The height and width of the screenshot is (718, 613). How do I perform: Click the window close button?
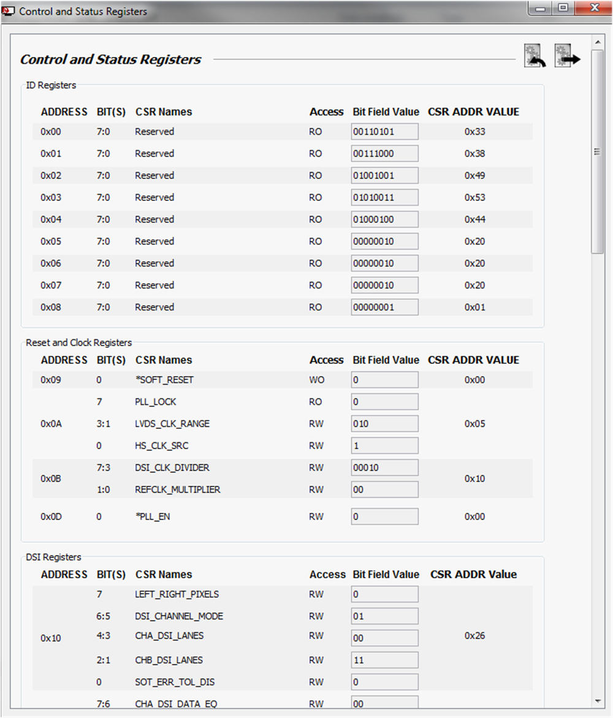coord(594,9)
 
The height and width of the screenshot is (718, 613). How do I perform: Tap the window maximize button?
coord(563,9)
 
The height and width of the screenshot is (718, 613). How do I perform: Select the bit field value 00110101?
coord(384,132)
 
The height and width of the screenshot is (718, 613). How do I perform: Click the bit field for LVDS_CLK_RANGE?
coord(384,424)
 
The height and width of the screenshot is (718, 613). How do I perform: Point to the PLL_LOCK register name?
coord(156,402)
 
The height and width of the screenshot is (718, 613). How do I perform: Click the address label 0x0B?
coord(51,478)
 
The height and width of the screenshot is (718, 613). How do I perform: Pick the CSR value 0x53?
coord(474,197)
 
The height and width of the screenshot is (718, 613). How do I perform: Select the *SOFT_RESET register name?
coord(164,380)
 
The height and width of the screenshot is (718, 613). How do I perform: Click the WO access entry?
coord(316,380)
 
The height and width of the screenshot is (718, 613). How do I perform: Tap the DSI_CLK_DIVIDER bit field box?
coord(384,468)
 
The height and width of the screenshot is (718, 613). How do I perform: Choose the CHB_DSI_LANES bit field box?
coord(384,660)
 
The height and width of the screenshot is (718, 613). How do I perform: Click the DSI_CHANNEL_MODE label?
coord(179,616)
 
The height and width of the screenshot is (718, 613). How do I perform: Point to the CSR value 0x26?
coord(474,636)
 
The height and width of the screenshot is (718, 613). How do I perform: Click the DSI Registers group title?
coord(53,557)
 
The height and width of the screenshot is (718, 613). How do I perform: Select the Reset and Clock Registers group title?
coord(78,342)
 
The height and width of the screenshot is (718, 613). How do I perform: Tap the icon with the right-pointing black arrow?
coord(567,56)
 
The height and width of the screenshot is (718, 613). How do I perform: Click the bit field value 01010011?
coord(384,197)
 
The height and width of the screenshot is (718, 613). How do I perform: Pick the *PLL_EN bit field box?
coord(384,516)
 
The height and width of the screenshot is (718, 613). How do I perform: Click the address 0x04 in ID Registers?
coord(51,219)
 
